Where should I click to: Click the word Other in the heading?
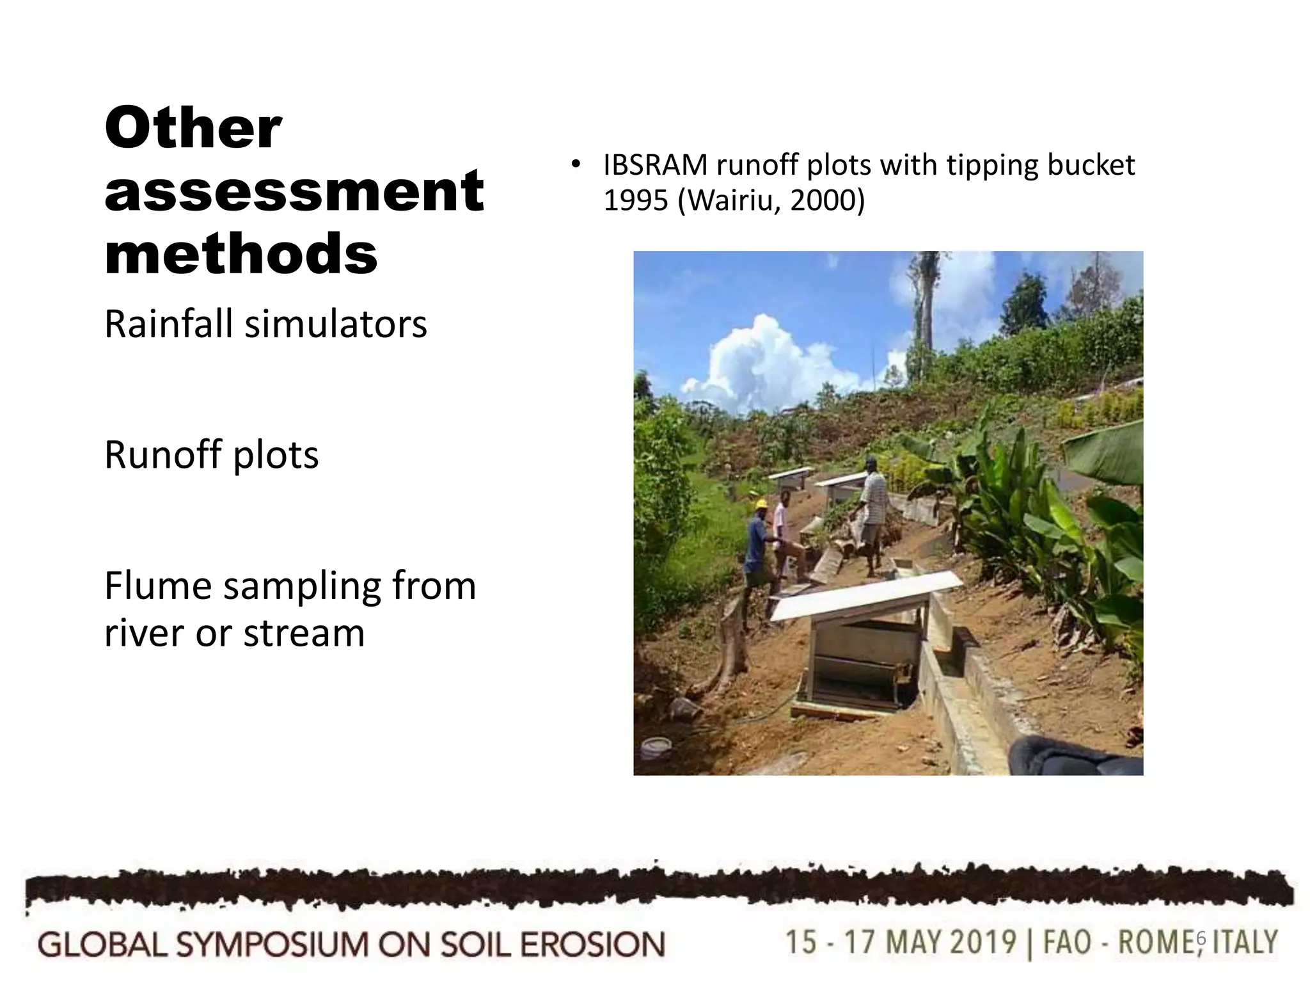point(193,128)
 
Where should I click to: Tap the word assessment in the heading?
point(294,190)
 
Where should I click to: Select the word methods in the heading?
point(241,253)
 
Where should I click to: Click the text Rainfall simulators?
point(265,324)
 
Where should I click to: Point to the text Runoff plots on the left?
point(211,455)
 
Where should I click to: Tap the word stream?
point(303,634)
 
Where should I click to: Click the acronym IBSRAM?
point(656,166)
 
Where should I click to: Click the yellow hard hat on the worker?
point(761,504)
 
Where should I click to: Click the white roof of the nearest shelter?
point(866,595)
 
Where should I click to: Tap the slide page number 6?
point(1200,939)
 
